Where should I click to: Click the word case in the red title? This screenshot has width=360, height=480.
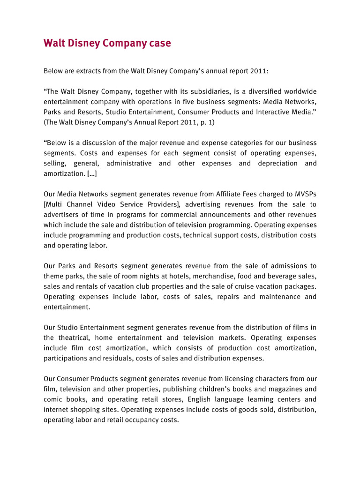[x=158, y=44]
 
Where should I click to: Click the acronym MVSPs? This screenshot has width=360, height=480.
[x=303, y=194]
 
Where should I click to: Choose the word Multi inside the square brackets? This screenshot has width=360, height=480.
[x=54, y=204]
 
